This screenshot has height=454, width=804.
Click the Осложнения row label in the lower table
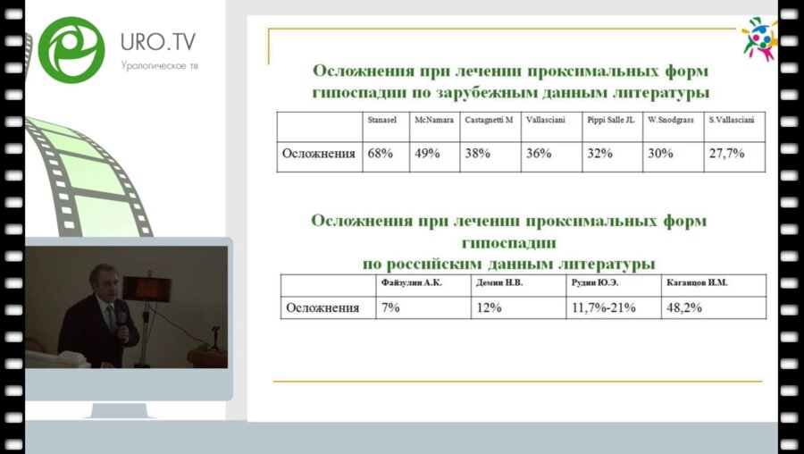tap(322, 307)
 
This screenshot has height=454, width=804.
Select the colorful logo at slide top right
tap(759, 38)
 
